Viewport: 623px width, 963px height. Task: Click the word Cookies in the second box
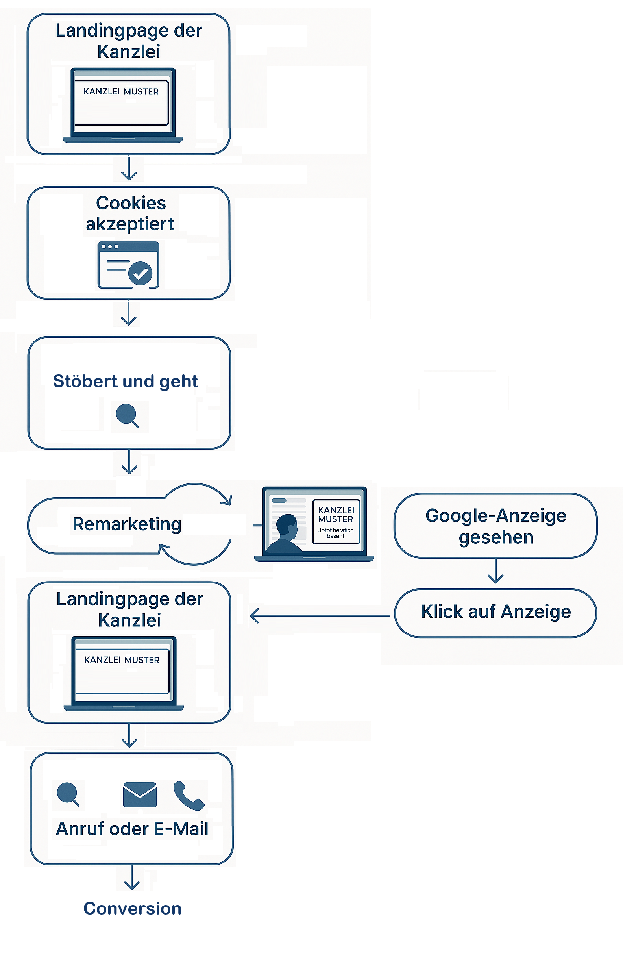[131, 203]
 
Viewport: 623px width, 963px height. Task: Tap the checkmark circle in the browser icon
[140, 274]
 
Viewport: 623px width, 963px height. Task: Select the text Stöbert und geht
[126, 381]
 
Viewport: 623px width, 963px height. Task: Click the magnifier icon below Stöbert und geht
[127, 415]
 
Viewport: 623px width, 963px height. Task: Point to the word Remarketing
[127, 524]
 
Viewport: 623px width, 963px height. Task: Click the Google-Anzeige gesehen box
[495, 526]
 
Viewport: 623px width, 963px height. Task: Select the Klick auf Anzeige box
[495, 612]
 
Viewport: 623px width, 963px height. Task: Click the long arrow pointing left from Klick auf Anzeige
[320, 615]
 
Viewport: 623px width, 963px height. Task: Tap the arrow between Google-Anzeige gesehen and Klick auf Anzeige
[495, 571]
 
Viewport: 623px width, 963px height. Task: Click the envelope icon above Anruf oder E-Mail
[140, 794]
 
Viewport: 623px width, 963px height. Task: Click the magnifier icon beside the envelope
[68, 793]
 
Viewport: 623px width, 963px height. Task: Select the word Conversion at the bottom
[132, 908]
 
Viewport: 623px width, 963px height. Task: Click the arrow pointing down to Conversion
[131, 878]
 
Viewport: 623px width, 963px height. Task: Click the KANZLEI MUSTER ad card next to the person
[336, 522]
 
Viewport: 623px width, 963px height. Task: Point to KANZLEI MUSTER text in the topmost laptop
[121, 91]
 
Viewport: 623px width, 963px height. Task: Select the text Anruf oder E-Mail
[132, 829]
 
